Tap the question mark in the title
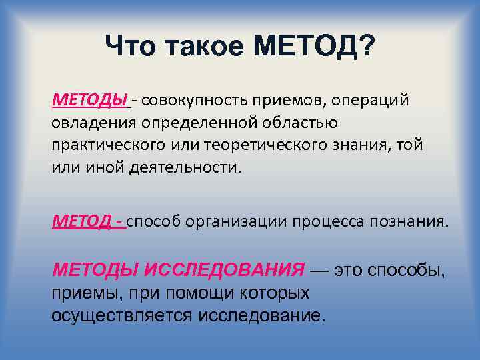[x=367, y=47]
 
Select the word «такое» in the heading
[x=207, y=47]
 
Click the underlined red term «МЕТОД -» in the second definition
[x=88, y=222]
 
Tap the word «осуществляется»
[x=123, y=315]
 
